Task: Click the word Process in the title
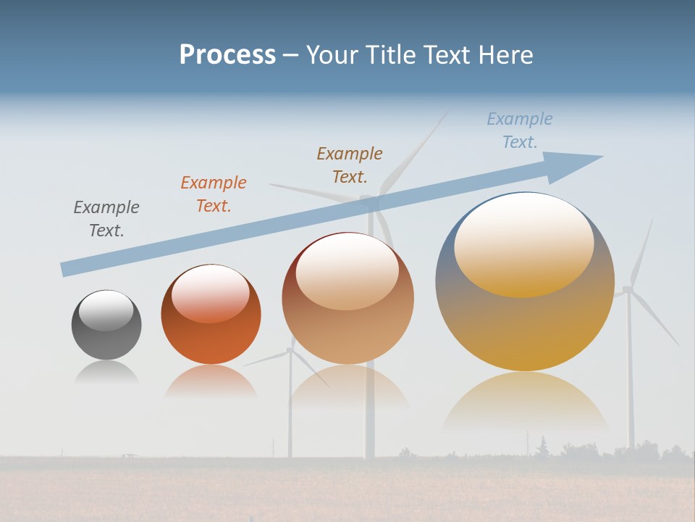(227, 55)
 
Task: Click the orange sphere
(211, 341)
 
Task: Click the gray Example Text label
(106, 219)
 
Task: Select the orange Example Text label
(214, 194)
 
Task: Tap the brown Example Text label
(350, 165)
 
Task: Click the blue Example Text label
(520, 130)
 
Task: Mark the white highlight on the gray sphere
(106, 310)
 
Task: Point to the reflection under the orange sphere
(211, 381)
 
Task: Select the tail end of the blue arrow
(67, 268)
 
